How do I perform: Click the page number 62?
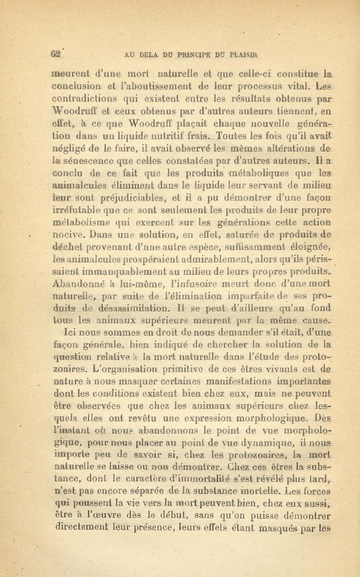pos(56,53)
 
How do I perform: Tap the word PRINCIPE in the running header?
pos(196,54)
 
